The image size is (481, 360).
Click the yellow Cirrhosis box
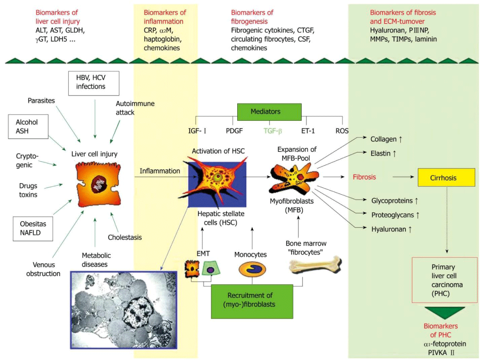(446, 178)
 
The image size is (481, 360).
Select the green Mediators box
(269, 112)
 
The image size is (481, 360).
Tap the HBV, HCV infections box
(94, 82)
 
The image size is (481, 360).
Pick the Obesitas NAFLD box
(33, 229)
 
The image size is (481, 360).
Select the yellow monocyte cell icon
(252, 269)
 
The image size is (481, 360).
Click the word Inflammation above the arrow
(160, 171)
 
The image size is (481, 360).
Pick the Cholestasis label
(125, 237)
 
